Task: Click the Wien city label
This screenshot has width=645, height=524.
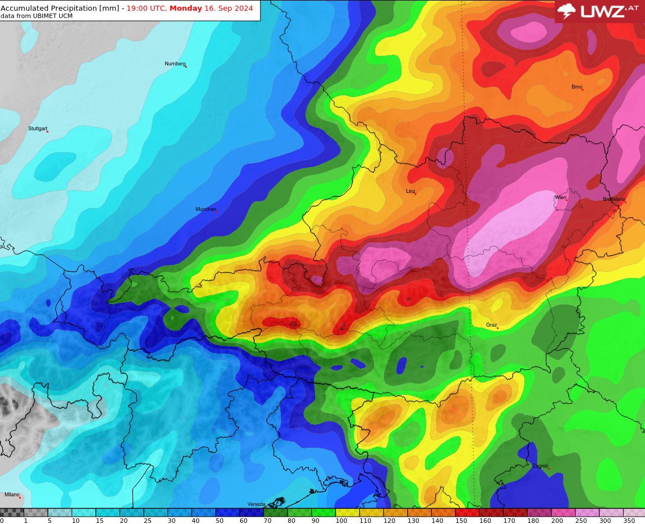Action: click(560, 197)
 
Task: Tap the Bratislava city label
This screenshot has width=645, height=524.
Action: click(613, 199)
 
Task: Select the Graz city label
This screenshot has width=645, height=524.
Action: click(491, 325)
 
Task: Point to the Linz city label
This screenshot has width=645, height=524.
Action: click(410, 191)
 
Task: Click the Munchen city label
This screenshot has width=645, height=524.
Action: click(205, 209)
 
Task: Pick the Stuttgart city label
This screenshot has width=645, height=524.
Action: click(38, 129)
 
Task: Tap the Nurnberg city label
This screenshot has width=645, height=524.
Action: click(175, 64)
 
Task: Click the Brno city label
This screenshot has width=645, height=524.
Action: click(576, 87)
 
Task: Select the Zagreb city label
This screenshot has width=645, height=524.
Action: click(540, 466)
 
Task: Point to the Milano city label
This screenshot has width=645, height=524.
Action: click(12, 495)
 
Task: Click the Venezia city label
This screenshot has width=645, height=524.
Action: click(256, 504)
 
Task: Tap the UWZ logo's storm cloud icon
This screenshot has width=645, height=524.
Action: click(566, 11)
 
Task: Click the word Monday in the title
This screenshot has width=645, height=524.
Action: click(185, 8)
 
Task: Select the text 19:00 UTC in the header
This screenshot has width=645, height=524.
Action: click(145, 8)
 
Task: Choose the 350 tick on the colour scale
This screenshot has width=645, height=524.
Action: click(629, 521)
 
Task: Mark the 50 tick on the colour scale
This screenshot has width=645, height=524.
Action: click(219, 521)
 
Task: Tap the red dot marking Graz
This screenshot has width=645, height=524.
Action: click(497, 328)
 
